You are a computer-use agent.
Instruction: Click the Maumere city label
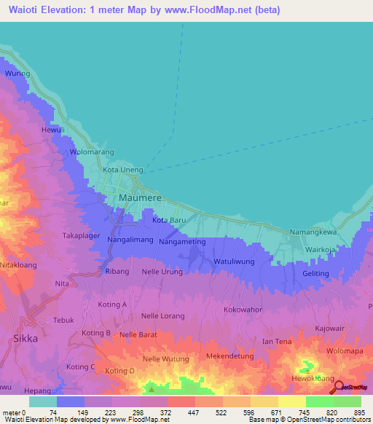pos(139,198)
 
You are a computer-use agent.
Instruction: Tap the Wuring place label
pos(17,74)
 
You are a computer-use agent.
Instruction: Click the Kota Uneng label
pos(118,170)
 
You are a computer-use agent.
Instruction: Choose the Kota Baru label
pos(170,219)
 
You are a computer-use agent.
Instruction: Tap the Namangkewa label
pos(313,232)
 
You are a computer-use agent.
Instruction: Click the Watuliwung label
pos(233,261)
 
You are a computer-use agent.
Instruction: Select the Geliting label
pos(315,272)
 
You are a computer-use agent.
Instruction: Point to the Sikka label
pos(25,339)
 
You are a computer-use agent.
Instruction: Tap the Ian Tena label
pos(277,342)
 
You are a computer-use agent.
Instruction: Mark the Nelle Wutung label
pos(166,359)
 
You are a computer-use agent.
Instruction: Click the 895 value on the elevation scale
pos(358,412)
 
